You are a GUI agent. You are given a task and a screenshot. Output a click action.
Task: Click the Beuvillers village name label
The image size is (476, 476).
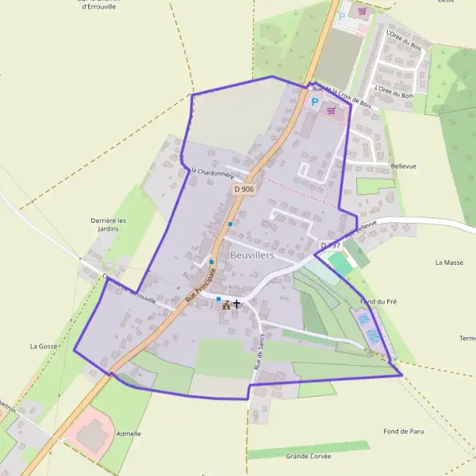(x=252, y=255)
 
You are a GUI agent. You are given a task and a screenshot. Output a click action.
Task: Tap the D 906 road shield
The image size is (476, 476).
(x=244, y=189)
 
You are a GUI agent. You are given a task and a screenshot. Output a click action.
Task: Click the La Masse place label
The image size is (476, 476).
(x=449, y=262)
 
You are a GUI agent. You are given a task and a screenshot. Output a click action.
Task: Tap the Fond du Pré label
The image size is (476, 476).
(x=378, y=301)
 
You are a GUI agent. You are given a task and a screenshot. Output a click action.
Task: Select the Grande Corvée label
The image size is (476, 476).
(x=309, y=456)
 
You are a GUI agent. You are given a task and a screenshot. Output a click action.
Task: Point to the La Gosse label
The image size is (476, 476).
(x=44, y=346)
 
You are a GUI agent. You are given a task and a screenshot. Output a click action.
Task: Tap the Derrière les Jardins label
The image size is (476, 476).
(x=109, y=224)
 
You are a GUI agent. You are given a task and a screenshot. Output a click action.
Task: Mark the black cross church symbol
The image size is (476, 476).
(x=236, y=304)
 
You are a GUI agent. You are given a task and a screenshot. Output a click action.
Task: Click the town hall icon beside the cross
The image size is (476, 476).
(x=227, y=305)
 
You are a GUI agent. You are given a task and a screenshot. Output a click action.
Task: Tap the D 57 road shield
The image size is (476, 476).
(x=329, y=244)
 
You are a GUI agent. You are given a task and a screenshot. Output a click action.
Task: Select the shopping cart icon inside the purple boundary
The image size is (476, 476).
(x=331, y=110)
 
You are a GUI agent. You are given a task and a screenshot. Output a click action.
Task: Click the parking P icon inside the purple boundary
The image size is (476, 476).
(x=315, y=102)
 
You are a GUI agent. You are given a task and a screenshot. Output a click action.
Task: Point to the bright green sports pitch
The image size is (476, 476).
(x=340, y=263)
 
